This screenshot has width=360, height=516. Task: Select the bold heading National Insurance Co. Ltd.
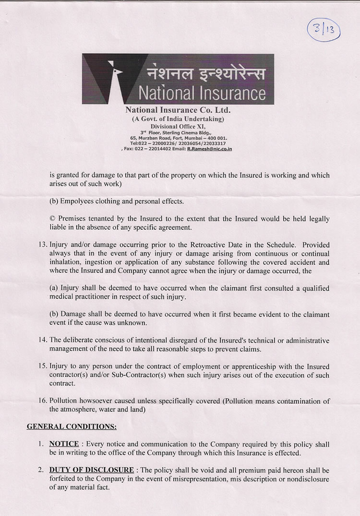[x=178, y=110]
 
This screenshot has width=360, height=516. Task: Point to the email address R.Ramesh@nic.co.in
[x=209, y=149]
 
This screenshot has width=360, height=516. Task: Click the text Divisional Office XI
[x=178, y=126]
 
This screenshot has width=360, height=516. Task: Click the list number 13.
[x=42, y=245]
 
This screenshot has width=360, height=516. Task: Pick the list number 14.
[x=42, y=340]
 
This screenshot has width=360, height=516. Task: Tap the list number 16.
[x=42, y=401]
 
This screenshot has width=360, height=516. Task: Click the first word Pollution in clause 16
[x=65, y=401]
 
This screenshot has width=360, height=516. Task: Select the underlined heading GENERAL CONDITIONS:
[x=72, y=426]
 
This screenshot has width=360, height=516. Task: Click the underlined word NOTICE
[x=64, y=444]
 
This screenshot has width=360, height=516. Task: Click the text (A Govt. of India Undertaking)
[x=178, y=118]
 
